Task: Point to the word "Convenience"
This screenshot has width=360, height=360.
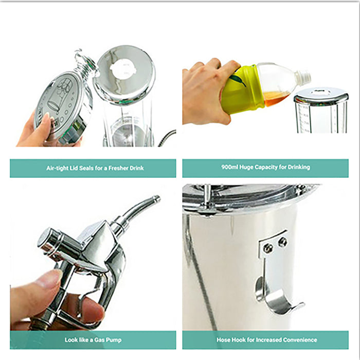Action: (x=300, y=340)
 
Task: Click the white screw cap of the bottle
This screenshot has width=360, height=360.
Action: (x=303, y=77)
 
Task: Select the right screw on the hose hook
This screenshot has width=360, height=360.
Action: (x=282, y=242)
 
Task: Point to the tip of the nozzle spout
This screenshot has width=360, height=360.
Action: (x=157, y=198)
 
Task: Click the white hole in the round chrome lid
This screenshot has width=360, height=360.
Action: (x=121, y=68)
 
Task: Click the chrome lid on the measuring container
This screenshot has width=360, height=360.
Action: (x=321, y=94)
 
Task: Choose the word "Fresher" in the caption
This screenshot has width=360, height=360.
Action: (x=118, y=168)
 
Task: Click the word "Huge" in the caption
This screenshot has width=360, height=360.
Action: (x=246, y=167)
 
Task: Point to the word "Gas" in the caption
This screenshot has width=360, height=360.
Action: (x=99, y=340)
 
